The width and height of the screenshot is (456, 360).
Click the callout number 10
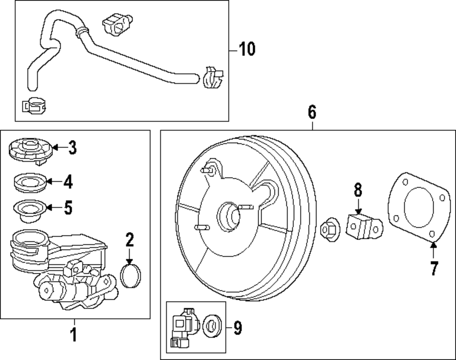tap(247, 49)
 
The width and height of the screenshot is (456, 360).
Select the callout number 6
tap(312, 112)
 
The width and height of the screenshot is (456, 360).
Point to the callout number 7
tap(433, 269)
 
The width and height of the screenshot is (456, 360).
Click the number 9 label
tap(238, 327)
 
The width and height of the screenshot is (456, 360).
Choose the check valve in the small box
tap(184, 326)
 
